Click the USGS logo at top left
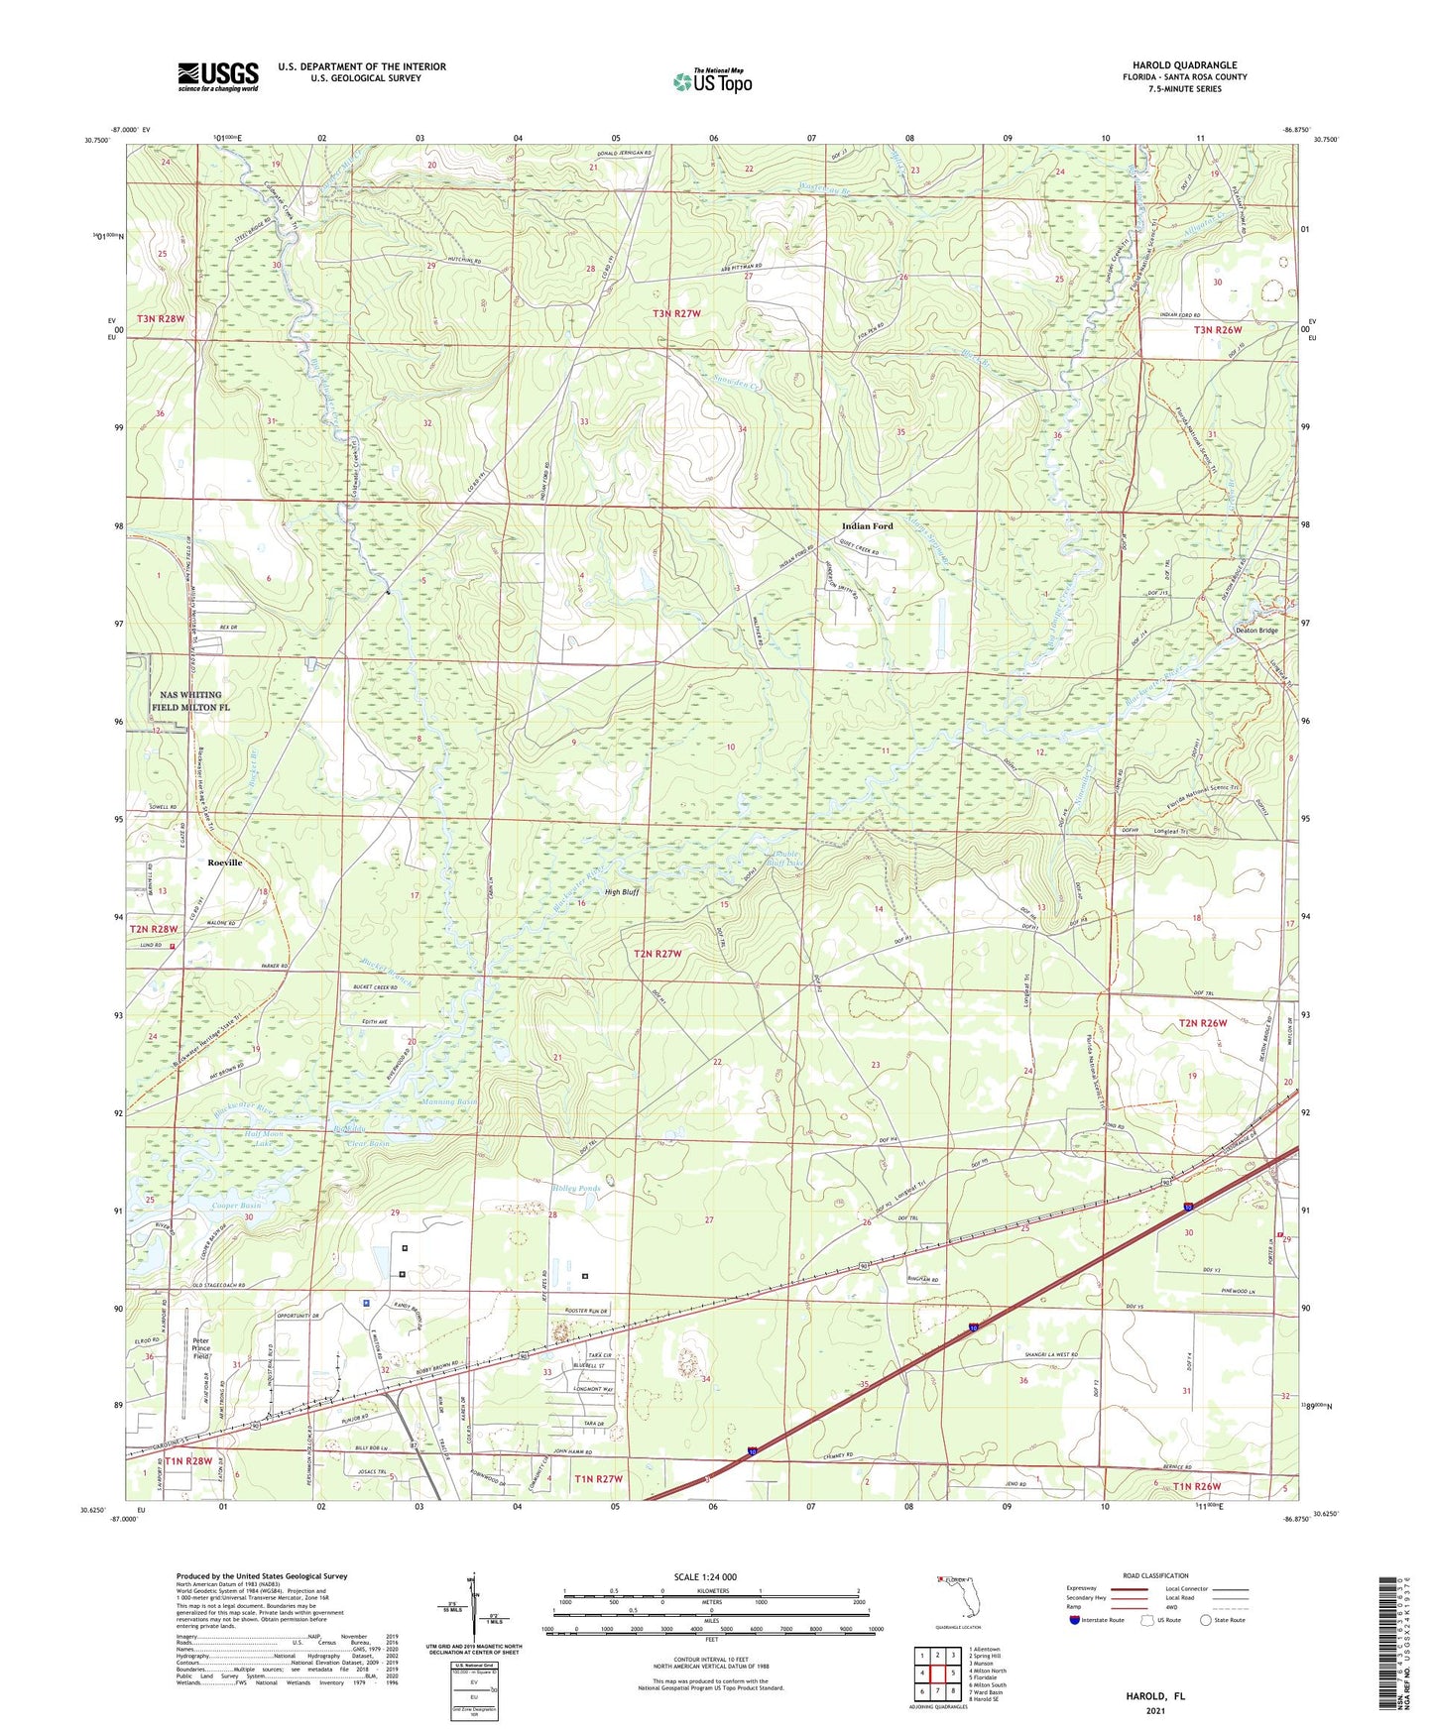point(218,76)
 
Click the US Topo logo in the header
point(712,81)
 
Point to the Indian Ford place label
point(867,526)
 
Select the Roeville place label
point(225,863)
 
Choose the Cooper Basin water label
point(236,1206)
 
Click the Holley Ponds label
point(576,1188)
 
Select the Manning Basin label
point(450,1101)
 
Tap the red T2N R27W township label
point(658,954)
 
